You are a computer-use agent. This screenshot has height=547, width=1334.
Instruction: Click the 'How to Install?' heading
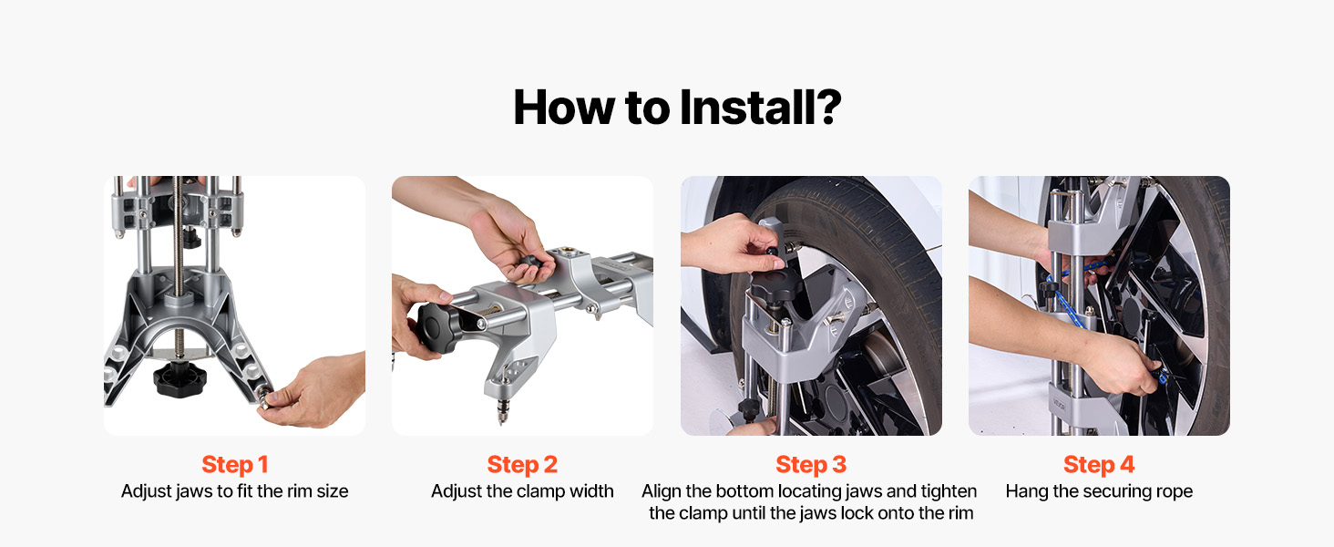point(677,108)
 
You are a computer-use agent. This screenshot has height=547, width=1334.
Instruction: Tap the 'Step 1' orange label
point(235,465)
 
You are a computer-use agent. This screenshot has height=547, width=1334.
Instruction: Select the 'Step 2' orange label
point(522,465)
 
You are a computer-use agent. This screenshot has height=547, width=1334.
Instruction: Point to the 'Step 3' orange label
point(811,465)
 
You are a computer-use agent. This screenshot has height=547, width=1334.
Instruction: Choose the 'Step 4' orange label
point(1099,465)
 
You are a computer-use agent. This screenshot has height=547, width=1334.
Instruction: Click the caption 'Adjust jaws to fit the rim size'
point(235,491)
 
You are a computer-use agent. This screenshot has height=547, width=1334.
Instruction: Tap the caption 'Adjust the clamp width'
point(522,491)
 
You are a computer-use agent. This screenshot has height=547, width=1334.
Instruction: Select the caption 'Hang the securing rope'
point(1099,491)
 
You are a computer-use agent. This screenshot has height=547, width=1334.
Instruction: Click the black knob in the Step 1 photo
point(180,377)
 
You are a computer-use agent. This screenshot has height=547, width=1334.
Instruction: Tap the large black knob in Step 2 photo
point(439,326)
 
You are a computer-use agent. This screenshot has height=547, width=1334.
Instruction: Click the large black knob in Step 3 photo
point(775,284)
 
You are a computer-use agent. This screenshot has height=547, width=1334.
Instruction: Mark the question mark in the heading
point(827,108)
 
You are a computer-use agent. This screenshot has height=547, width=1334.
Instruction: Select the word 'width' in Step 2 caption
point(591,491)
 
